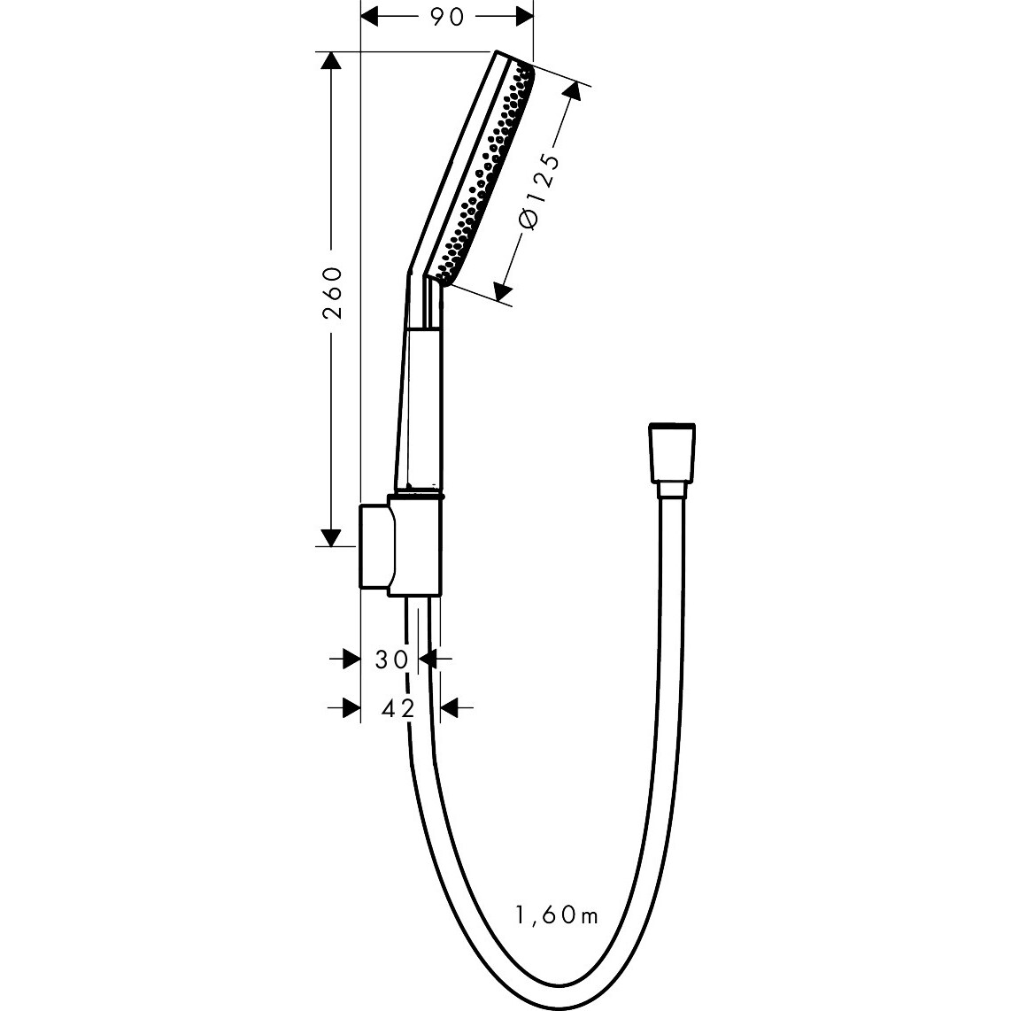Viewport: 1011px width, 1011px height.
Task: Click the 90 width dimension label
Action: (x=447, y=18)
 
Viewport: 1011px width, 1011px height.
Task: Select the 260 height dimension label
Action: (x=333, y=292)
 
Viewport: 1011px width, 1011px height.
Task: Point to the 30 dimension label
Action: (x=391, y=659)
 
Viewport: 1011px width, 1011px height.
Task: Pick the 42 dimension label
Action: (x=397, y=708)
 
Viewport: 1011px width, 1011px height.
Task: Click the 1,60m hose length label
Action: (x=557, y=915)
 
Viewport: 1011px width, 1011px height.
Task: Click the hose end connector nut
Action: (x=672, y=452)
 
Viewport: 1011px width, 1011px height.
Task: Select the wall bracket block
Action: (x=400, y=545)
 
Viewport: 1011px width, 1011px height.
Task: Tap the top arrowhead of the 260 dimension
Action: (x=331, y=61)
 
